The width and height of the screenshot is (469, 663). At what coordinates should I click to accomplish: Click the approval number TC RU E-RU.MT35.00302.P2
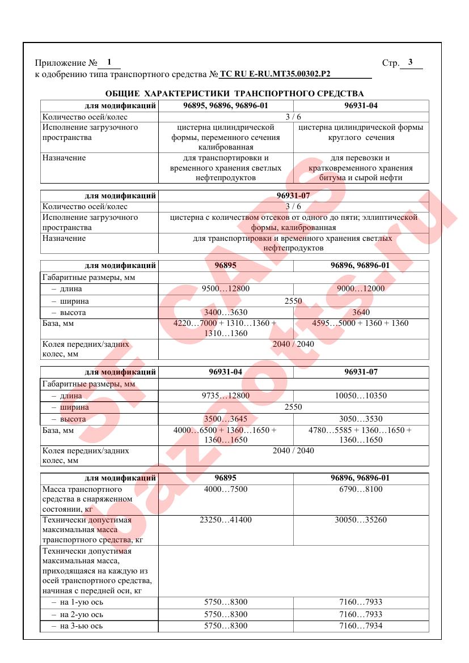click(x=275, y=74)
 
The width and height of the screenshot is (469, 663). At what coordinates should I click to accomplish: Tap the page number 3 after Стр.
click(x=410, y=62)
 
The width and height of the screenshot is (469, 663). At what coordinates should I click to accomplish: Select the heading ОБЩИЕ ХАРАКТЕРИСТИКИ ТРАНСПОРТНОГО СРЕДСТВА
click(x=235, y=93)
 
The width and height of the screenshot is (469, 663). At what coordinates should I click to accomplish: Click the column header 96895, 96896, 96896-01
click(x=226, y=105)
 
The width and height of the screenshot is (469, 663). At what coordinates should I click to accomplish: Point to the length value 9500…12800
click(x=226, y=288)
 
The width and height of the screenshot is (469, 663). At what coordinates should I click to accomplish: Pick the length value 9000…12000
click(x=361, y=288)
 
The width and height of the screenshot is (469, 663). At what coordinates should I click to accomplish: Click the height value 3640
click(x=361, y=312)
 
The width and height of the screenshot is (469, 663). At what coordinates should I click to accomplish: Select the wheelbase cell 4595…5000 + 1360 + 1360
click(x=361, y=324)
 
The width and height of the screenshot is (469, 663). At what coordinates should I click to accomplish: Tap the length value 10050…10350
click(x=361, y=396)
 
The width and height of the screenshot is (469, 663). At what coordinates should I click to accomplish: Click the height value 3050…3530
click(x=361, y=419)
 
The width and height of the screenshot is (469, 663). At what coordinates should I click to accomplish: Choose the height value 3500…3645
click(x=226, y=419)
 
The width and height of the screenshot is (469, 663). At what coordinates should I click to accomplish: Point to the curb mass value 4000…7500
click(x=226, y=489)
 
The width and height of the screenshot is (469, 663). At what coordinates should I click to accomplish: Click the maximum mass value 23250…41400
click(x=226, y=520)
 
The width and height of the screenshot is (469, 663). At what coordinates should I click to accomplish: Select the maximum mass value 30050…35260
click(x=361, y=520)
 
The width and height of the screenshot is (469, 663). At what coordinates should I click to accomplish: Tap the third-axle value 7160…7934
click(x=361, y=626)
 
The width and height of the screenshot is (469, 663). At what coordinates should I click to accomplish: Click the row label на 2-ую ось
click(x=82, y=614)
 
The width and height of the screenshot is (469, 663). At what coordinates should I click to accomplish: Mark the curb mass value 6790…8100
click(x=361, y=489)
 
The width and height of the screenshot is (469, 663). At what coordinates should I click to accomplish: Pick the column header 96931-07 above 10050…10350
click(x=361, y=372)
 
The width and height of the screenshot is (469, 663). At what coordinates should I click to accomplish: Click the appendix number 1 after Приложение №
click(x=109, y=62)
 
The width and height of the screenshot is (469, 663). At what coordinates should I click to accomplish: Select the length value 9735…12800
click(x=226, y=396)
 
